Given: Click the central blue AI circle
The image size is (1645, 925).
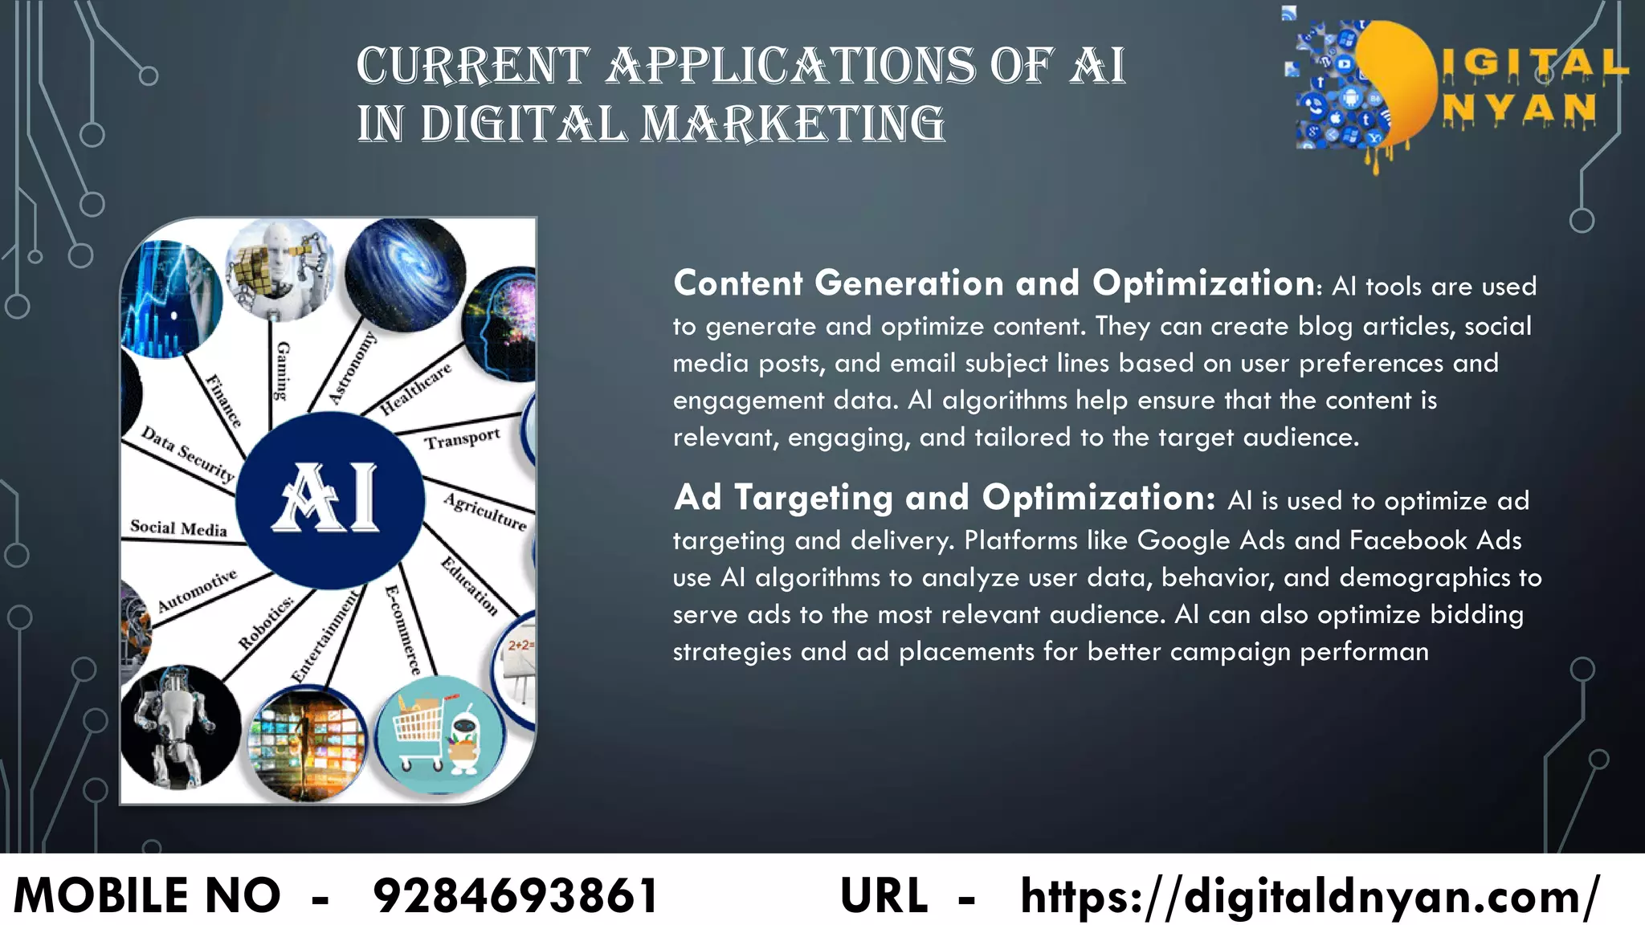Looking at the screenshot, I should [x=330, y=499].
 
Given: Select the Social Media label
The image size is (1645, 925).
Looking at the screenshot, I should [x=178, y=528].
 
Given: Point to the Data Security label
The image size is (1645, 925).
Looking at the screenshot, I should [x=187, y=454].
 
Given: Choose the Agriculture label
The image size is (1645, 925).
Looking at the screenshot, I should [x=486, y=512].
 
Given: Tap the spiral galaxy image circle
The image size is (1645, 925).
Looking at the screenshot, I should [x=405, y=271].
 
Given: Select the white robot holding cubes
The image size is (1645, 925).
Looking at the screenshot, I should [x=279, y=269].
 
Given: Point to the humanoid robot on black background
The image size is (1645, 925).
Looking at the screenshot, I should [x=178, y=727].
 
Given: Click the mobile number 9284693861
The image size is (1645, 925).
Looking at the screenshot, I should [x=516, y=895].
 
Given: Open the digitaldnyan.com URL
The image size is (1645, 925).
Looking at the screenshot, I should [x=1310, y=895].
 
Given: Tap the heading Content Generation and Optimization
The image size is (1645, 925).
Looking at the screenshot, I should [x=994, y=283].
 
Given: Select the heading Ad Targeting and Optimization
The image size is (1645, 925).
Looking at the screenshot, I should [x=945, y=498].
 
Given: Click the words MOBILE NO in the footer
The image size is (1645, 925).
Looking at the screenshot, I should [x=148, y=895].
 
